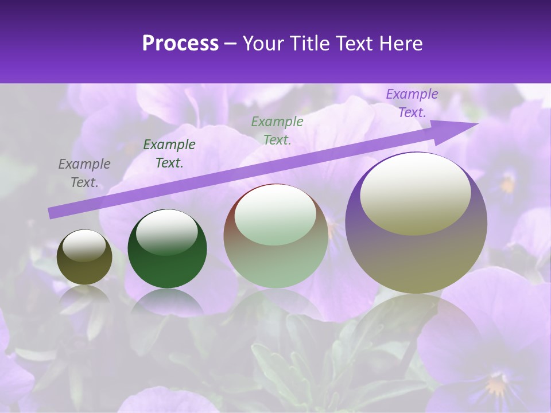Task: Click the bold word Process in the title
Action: click(x=180, y=44)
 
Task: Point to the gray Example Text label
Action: click(x=84, y=173)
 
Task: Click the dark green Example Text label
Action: click(x=169, y=154)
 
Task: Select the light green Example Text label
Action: click(x=277, y=130)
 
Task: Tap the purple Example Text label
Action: click(x=412, y=103)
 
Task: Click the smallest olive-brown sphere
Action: click(x=84, y=257)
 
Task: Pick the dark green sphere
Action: click(x=167, y=248)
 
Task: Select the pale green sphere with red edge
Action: click(x=276, y=236)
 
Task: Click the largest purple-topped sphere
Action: click(x=416, y=223)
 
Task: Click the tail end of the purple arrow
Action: click(x=51, y=213)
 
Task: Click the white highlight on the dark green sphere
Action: click(x=166, y=232)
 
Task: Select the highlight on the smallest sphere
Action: click(x=84, y=246)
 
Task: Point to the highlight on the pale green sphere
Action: click(x=275, y=215)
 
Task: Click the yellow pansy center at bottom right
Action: click(x=497, y=384)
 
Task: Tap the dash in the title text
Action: click(x=231, y=44)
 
